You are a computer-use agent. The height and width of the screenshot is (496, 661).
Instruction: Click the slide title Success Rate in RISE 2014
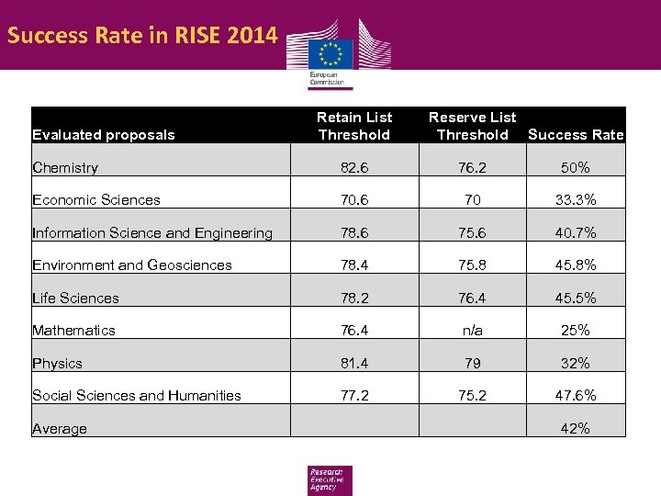[141, 37]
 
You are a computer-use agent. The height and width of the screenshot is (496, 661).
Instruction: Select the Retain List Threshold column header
[354, 126]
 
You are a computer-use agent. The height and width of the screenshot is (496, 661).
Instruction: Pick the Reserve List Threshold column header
[472, 126]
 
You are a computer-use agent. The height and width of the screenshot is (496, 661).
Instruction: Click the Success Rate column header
[576, 135]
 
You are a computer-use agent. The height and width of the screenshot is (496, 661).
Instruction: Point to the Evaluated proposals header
[103, 135]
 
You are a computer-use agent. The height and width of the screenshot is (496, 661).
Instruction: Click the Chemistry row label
[65, 167]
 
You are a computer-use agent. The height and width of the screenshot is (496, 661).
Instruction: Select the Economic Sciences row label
[96, 200]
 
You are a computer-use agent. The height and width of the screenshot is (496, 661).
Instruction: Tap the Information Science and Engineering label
[152, 233]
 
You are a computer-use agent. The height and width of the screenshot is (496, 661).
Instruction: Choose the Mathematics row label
[73, 330]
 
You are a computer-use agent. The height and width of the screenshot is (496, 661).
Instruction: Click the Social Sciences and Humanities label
[137, 396]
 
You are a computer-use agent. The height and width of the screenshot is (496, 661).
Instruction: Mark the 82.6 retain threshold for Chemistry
[354, 167]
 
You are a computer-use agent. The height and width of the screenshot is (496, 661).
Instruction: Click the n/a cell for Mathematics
[472, 330]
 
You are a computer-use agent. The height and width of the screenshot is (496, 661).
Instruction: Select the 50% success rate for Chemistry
[576, 167]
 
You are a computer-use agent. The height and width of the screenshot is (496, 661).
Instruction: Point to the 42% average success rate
[576, 428]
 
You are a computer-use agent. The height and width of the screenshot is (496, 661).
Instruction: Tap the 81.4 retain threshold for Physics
[354, 363]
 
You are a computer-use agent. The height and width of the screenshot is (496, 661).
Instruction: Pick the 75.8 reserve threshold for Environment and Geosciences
[472, 265]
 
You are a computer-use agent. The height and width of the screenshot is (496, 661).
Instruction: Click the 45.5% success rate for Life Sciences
[576, 298]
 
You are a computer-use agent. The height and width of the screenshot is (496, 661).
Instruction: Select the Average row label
[60, 429]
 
